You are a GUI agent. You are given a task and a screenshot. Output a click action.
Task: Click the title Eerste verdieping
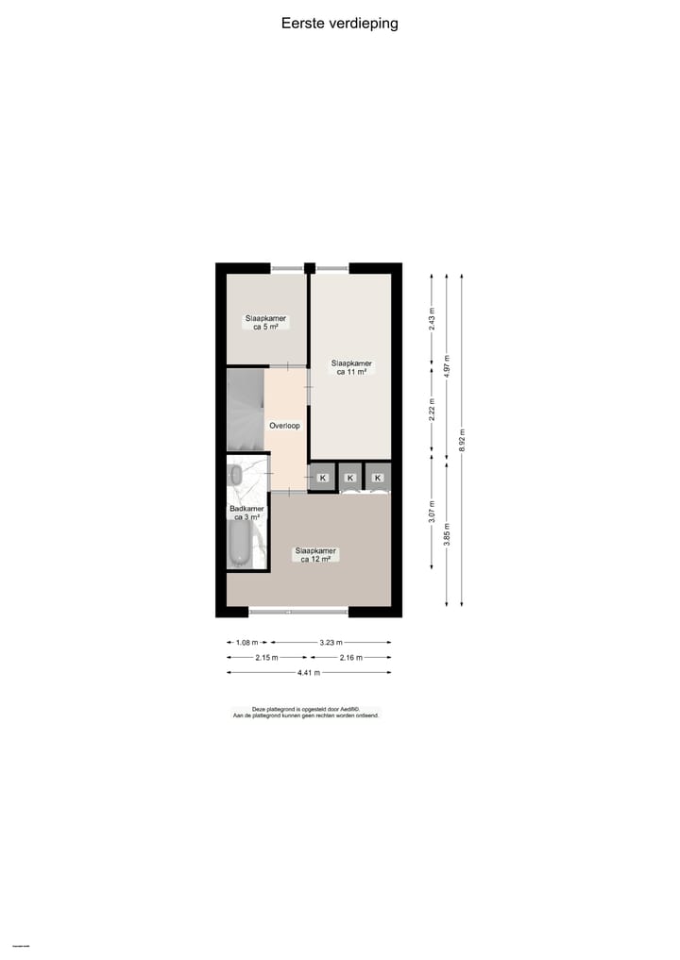(x=339, y=24)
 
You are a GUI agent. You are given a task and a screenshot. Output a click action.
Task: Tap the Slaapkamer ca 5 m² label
(x=265, y=323)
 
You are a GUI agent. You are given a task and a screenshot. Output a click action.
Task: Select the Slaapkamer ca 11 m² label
(x=350, y=367)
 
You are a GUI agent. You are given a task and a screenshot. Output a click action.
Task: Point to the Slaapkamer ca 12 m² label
(x=315, y=555)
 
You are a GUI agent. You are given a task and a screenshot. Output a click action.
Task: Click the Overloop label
(x=284, y=426)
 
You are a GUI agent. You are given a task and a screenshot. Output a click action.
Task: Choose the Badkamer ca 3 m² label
(x=246, y=513)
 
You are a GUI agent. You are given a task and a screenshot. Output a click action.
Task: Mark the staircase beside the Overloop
(x=245, y=410)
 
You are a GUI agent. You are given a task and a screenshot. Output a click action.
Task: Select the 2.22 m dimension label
(x=432, y=411)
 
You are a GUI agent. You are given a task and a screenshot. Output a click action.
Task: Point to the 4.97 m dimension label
(x=447, y=365)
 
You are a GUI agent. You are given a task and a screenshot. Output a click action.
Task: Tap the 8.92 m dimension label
(x=462, y=440)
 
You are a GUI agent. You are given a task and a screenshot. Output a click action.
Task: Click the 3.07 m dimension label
(x=432, y=511)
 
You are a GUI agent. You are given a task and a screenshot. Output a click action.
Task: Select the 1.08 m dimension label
(x=246, y=642)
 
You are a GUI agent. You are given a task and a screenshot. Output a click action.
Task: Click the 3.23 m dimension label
(x=331, y=642)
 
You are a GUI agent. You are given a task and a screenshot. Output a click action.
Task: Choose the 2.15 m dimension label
(x=267, y=657)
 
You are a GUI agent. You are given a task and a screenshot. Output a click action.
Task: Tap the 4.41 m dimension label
(x=309, y=672)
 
